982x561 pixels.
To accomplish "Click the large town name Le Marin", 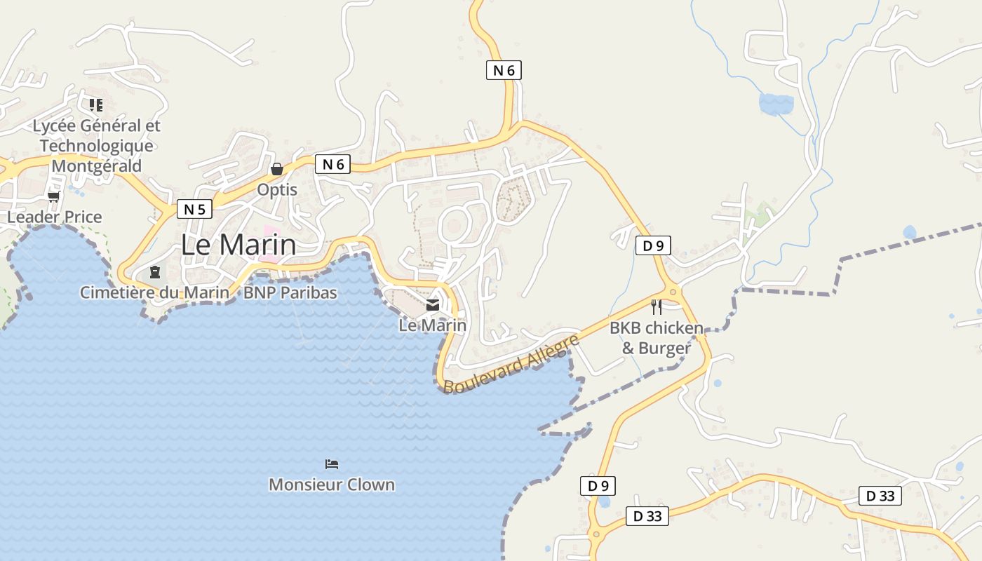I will point(238,245).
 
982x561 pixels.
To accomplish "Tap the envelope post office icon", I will point(433,305).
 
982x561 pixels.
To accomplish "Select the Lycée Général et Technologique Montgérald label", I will point(97,146).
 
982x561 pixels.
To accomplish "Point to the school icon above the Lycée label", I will point(96,105).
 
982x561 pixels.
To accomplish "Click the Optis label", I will point(277,190).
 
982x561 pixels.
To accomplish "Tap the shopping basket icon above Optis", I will point(277,169).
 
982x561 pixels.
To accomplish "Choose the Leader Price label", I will point(55,217).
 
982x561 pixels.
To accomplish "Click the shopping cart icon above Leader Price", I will point(54,196).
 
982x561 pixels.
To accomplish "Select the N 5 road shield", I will point(194,209).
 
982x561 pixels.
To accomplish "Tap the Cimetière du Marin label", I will point(154,292).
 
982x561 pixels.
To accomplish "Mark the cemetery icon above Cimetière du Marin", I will point(155,272).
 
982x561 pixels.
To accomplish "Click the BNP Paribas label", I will point(290,292).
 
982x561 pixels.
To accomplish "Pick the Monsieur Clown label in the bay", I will point(332,485).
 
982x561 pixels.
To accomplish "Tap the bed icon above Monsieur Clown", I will point(332,464).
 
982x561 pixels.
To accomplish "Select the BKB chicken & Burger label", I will point(657,337).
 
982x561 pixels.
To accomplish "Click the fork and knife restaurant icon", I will point(657,306).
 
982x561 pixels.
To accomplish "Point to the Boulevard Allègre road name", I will point(511,364).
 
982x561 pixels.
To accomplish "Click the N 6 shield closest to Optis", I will point(332,164).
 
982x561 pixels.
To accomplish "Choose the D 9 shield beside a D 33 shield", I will point(598,485).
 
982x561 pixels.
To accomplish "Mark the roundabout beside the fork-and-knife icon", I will point(673,292).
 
